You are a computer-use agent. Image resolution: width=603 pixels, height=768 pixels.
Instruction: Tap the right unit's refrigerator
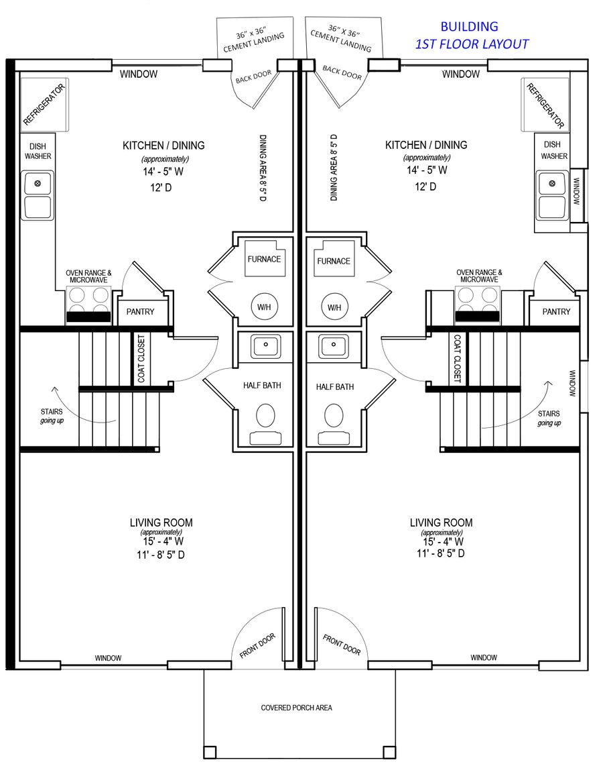point(545,105)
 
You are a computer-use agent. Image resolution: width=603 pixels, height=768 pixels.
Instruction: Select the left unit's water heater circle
point(264,307)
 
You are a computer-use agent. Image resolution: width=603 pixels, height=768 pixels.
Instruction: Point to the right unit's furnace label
point(334,261)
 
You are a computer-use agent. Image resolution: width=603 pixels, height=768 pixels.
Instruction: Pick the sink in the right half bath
point(335,345)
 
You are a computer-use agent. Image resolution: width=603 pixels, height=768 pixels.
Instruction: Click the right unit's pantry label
point(557,311)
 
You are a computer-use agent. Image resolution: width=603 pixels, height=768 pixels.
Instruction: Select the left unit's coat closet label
point(141,359)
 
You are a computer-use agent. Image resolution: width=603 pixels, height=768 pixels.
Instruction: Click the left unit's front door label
point(257,645)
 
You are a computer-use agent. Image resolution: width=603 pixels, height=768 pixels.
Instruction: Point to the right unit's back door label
point(342,72)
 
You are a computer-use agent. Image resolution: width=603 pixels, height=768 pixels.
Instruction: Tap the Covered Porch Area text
point(297,708)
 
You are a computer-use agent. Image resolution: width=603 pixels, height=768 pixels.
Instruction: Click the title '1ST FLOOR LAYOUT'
point(472,44)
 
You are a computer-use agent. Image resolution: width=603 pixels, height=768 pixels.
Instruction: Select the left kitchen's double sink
point(38,195)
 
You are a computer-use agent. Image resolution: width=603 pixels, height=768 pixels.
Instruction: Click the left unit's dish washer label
point(38,151)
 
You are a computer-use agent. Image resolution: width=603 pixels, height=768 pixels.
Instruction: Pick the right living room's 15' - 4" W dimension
point(444,542)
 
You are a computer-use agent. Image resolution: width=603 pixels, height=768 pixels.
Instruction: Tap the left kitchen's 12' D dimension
point(161,188)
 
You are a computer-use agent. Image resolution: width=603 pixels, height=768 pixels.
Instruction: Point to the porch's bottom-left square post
point(210,752)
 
